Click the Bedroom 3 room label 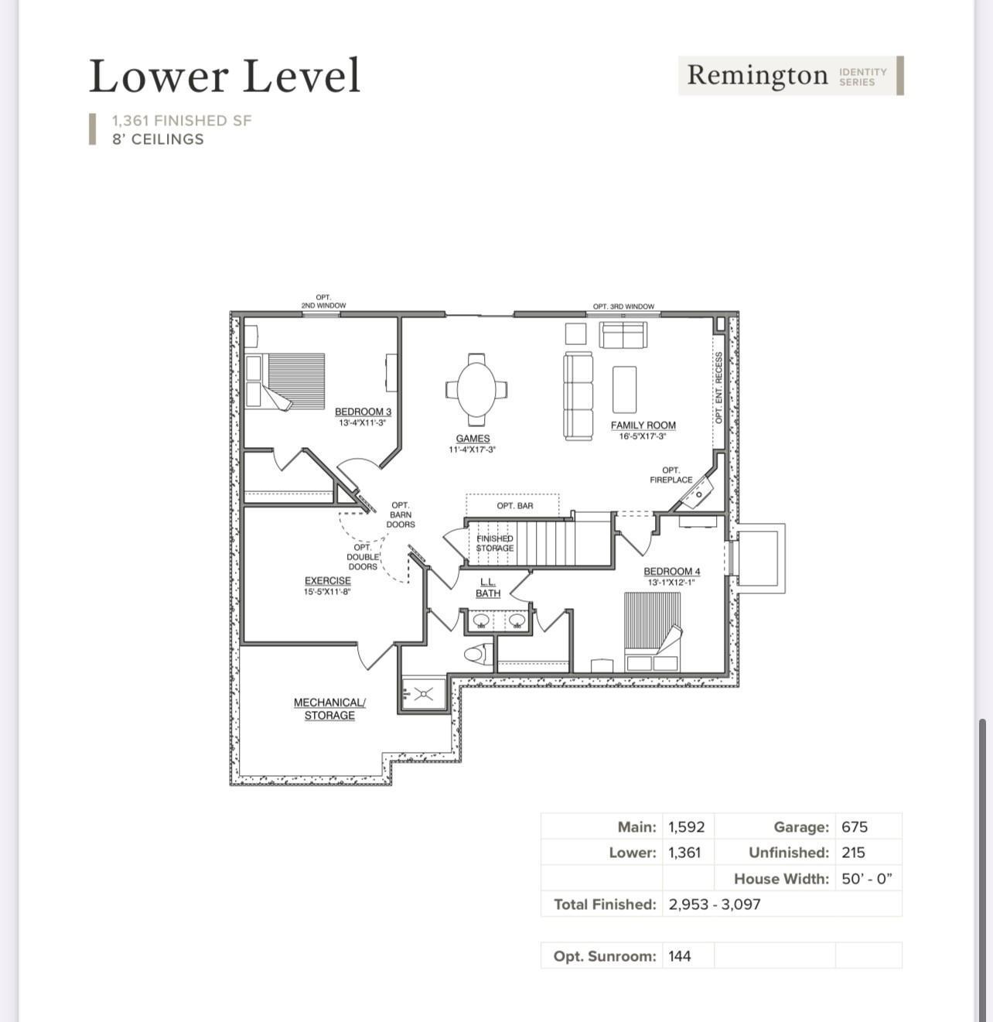tap(363, 412)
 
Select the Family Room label tap(643, 425)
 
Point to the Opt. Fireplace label tap(671, 475)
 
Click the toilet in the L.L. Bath tap(476, 654)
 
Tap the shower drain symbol tap(423, 693)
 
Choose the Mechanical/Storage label tap(329, 709)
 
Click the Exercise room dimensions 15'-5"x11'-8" tap(327, 592)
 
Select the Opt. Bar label tap(514, 506)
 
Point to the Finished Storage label tap(494, 543)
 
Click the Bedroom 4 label tap(671, 572)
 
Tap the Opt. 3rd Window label tap(623, 306)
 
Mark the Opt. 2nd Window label tap(323, 302)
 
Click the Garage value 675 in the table tap(855, 826)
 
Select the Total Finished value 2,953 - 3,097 tap(714, 904)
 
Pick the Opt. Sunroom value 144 tap(680, 955)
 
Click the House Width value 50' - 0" tap(866, 878)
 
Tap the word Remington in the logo tap(757, 75)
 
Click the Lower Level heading tap(224, 76)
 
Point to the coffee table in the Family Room tap(624, 390)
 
